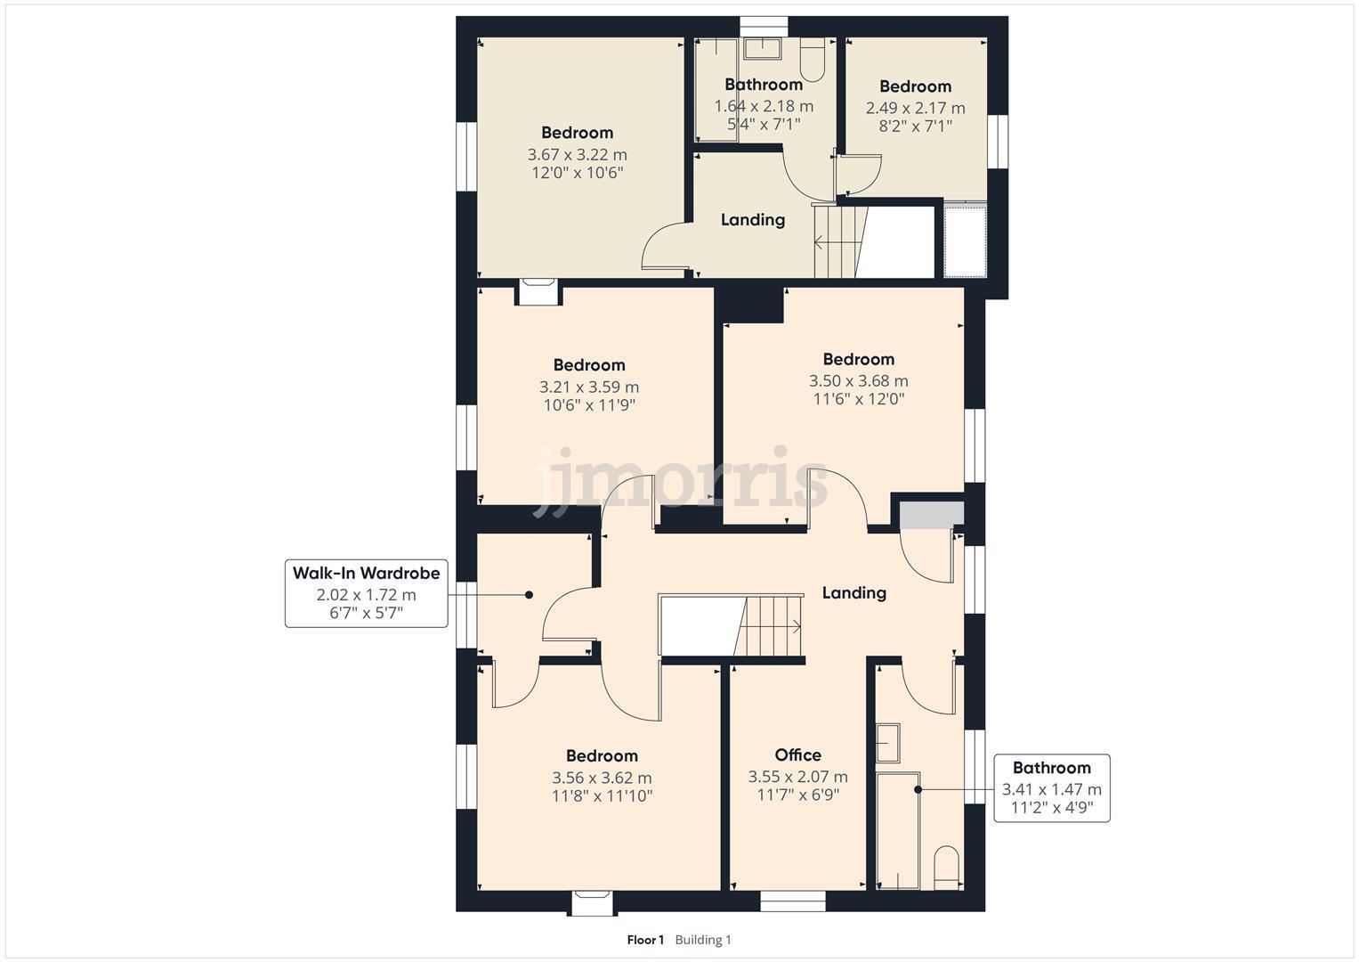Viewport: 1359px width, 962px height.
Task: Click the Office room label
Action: pos(797,754)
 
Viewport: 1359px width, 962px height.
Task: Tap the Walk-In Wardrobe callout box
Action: pos(366,593)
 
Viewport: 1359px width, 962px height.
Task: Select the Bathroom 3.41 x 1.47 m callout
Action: pos(1051,787)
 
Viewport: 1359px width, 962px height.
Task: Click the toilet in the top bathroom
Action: pos(813,59)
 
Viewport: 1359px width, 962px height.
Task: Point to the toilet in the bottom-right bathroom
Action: pos(947,867)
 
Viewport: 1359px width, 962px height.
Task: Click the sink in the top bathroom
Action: pos(762,48)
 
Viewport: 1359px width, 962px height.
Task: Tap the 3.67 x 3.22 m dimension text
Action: pos(577,154)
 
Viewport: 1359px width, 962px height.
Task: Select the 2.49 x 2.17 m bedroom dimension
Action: pos(915,108)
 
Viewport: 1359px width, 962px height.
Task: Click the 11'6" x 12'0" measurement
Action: pos(858,399)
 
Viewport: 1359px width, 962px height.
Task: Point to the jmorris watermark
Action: pos(681,482)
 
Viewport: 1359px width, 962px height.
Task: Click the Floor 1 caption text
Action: pos(645,940)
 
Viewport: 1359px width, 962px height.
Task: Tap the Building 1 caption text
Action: pos(703,940)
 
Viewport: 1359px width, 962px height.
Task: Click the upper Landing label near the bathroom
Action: pos(753,219)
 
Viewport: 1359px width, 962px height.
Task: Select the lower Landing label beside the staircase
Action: pos(853,592)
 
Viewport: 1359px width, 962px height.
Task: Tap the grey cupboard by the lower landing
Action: pos(931,515)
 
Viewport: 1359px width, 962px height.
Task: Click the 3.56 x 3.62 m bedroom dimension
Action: pos(602,778)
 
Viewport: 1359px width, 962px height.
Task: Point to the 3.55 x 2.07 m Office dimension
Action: pos(797,777)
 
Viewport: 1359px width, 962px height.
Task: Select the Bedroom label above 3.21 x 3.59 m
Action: pos(589,364)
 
